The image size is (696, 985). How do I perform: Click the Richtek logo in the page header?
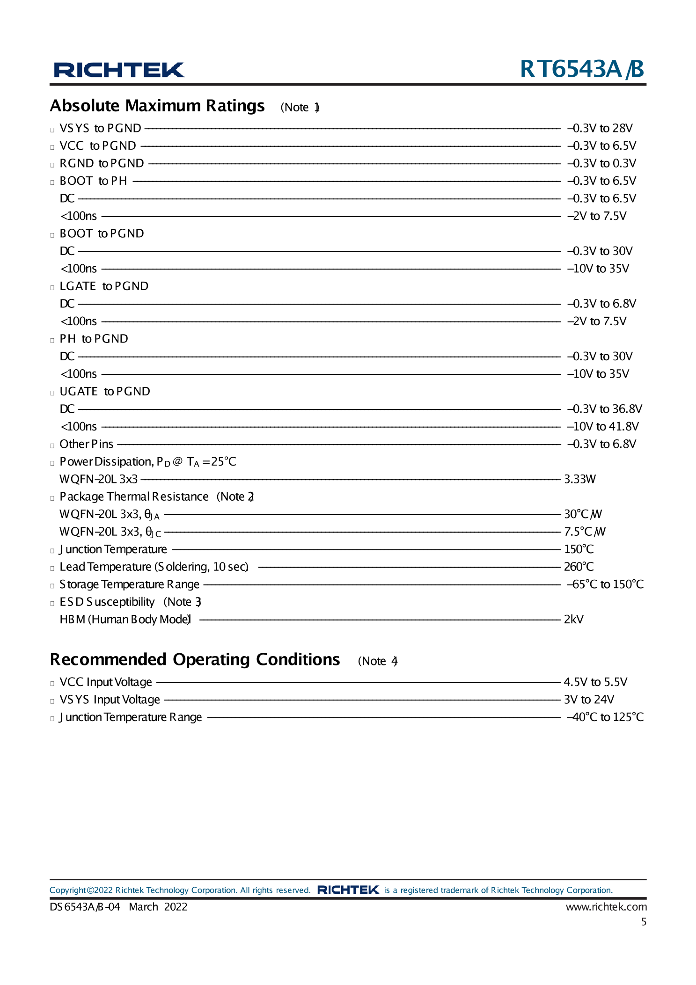(x=119, y=70)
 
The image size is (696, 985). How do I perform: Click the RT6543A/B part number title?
(x=582, y=69)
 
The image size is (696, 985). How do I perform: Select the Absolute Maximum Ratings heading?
(x=157, y=106)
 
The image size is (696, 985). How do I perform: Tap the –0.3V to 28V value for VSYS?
(x=600, y=128)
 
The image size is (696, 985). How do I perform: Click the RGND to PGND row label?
(x=102, y=163)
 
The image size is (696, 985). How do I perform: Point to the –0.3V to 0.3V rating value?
(x=601, y=163)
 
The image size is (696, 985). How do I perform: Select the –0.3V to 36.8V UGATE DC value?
(x=604, y=409)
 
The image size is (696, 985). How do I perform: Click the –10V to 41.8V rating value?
(x=602, y=426)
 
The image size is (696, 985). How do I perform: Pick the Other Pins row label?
(x=87, y=444)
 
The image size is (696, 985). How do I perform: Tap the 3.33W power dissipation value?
(x=579, y=479)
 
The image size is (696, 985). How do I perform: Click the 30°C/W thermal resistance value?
(x=583, y=514)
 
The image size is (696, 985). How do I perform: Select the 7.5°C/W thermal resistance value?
(x=585, y=532)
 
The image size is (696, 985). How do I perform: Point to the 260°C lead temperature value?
(x=579, y=567)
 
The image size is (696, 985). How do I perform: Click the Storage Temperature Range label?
(x=129, y=584)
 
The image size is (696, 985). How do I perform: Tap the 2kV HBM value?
(x=573, y=620)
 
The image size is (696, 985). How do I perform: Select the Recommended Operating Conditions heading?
(x=195, y=659)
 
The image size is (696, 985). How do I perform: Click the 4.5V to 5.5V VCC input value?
(x=595, y=682)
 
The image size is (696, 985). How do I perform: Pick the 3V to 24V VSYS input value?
(x=588, y=700)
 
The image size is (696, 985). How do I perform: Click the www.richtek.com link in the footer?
(x=606, y=907)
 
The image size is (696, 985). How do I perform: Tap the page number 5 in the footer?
(x=644, y=922)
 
